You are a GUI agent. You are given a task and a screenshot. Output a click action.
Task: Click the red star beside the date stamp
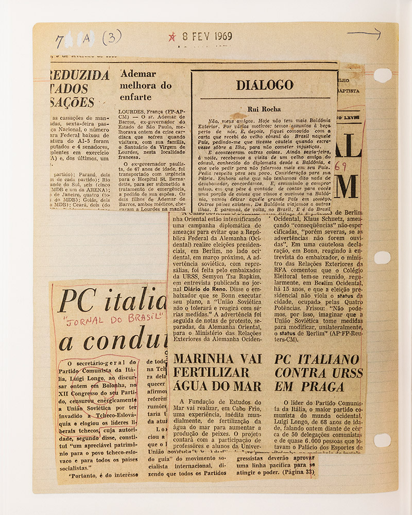click(172, 37)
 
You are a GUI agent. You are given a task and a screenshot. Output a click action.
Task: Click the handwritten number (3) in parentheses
click(112, 38)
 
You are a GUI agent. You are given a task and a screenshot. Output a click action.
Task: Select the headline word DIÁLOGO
click(265, 85)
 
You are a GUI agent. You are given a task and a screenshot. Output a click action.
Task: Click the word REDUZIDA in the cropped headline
click(79, 75)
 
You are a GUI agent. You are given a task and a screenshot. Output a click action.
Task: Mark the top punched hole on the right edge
click(382, 75)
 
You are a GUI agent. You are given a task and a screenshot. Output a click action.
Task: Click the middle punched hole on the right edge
click(382, 257)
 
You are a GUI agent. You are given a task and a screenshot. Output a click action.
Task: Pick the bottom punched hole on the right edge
click(382, 440)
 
